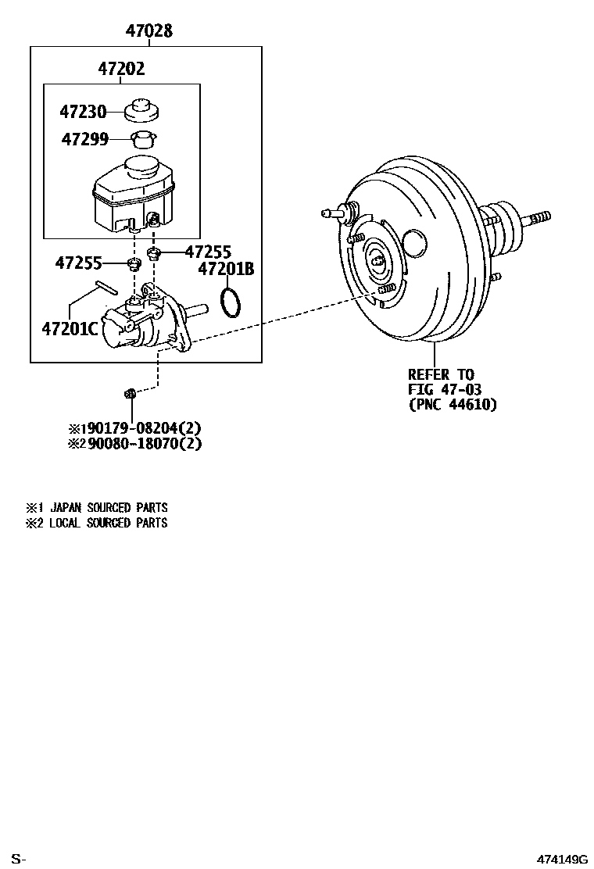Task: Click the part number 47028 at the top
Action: [149, 31]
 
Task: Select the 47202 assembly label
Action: [121, 69]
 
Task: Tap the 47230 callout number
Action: [83, 112]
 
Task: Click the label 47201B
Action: [226, 269]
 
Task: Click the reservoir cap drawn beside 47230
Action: [141, 110]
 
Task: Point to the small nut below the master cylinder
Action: [131, 392]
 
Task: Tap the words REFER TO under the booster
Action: [441, 374]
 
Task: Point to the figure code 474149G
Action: [561, 860]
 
